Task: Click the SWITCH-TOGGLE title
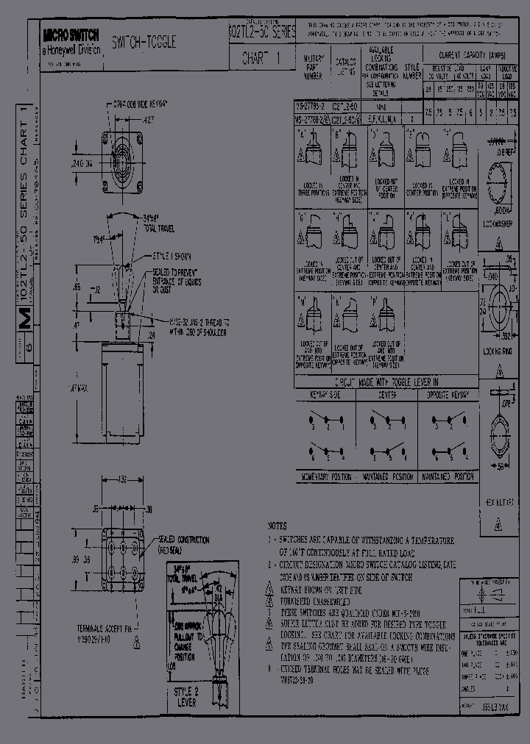point(144,43)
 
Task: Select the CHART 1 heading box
point(261,60)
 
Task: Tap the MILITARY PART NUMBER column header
point(312,67)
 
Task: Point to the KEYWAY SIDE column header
point(325,395)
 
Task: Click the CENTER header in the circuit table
point(387,395)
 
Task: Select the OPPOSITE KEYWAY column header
point(449,395)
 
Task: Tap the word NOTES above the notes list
point(278,526)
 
